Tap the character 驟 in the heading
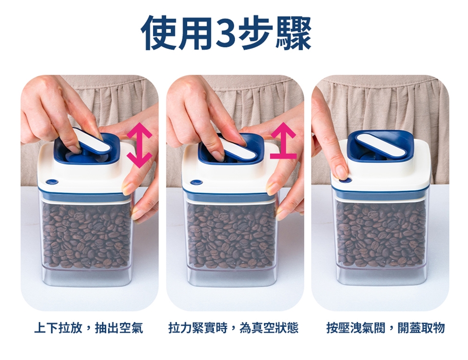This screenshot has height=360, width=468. pos(294,34)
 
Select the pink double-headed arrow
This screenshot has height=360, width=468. pos(139,145)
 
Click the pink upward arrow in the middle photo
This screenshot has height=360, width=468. pos(283,140)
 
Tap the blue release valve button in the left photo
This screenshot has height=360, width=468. pos(52,181)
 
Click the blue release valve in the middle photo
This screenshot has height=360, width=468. pos(196,181)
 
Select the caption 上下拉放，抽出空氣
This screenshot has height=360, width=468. pos(89,328)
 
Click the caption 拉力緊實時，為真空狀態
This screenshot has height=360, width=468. pos(234,328)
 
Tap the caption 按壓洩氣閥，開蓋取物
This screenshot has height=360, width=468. pos(385,328)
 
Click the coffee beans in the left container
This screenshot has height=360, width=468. pos(86,235)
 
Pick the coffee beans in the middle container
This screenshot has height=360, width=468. pos(231,235)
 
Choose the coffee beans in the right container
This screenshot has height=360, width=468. pos(381,235)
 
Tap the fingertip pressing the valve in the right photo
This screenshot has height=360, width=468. pos(341,173)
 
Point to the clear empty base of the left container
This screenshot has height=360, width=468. pos(87,277)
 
